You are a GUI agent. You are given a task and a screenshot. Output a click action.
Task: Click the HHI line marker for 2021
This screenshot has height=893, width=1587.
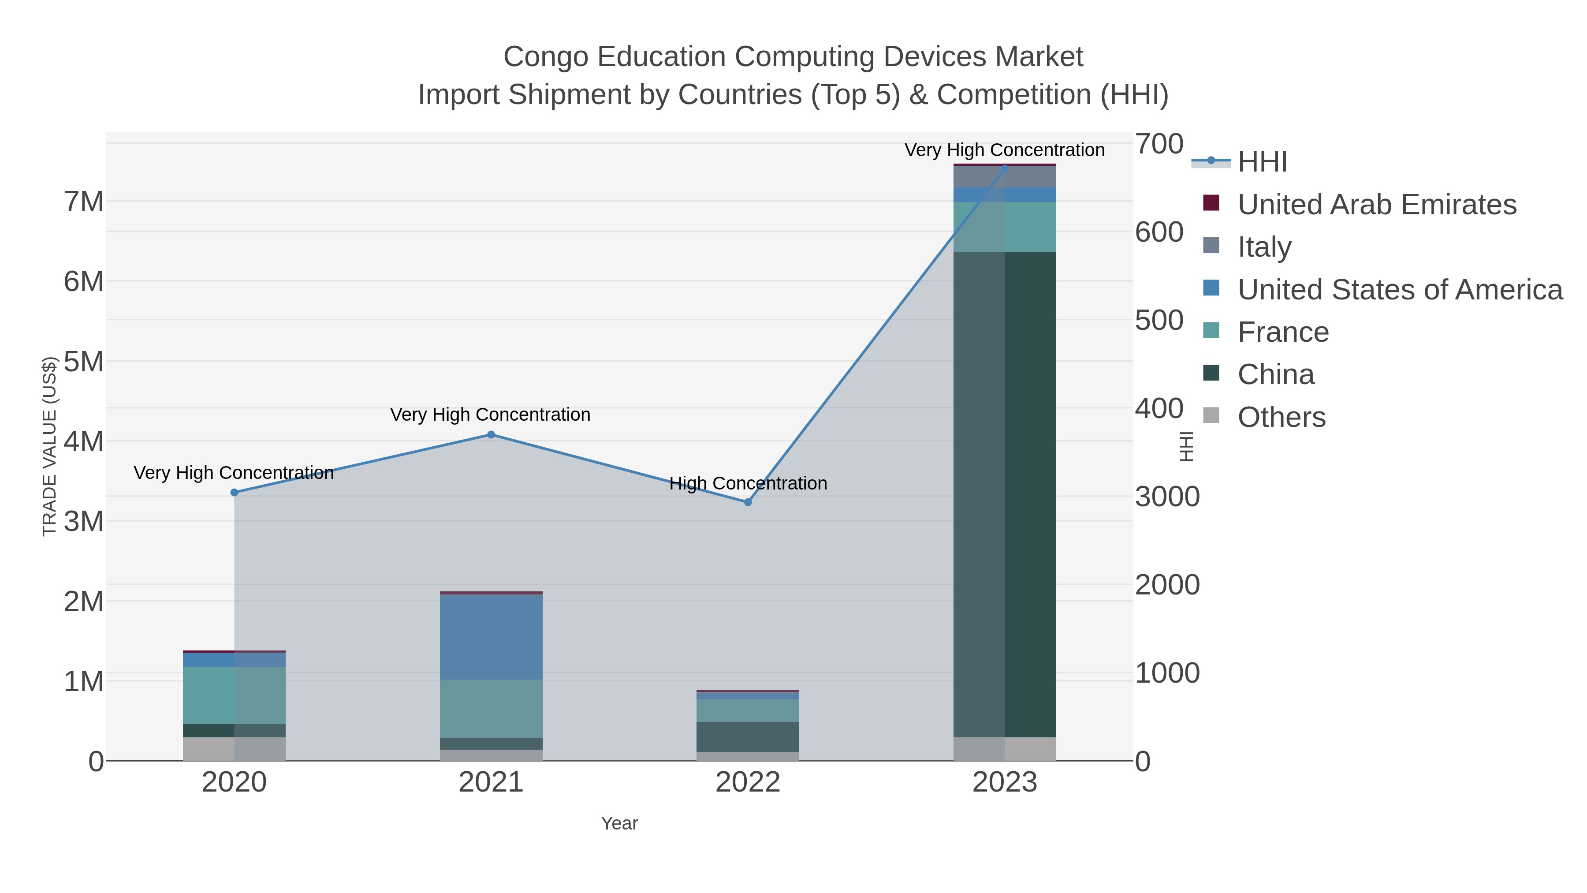tap(491, 434)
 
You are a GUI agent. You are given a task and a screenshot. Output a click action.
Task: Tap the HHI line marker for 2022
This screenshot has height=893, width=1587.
tap(748, 502)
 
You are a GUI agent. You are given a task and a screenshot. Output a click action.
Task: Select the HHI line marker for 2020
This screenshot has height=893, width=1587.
tap(234, 493)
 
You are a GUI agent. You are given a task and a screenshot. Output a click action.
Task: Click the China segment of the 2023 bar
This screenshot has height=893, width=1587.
tap(1005, 493)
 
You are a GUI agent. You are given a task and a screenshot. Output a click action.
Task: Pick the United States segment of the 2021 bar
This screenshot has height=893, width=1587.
tap(491, 637)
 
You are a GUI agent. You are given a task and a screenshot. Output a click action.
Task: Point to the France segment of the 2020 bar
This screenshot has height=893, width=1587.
tap(234, 695)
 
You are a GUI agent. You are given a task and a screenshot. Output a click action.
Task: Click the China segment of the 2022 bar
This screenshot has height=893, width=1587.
tap(748, 736)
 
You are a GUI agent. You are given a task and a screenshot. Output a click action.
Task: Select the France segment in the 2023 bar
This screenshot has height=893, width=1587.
tap(1005, 226)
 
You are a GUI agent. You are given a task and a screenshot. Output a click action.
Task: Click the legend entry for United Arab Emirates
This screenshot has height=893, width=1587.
tap(1376, 205)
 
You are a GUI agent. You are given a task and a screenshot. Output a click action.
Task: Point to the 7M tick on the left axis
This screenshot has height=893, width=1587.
tap(84, 202)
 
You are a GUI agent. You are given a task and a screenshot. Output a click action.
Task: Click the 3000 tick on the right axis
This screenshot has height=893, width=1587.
tap(1167, 497)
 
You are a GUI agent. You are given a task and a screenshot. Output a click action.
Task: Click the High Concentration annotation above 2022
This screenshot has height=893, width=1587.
tap(748, 483)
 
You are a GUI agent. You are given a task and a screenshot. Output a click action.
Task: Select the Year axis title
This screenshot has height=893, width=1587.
tap(619, 823)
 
